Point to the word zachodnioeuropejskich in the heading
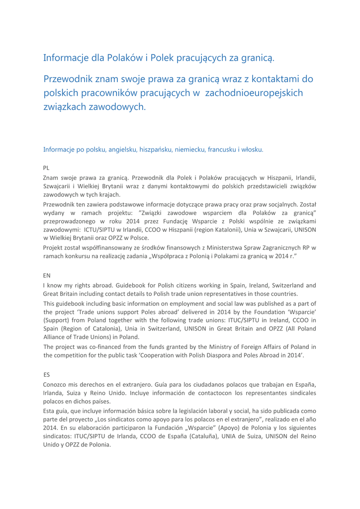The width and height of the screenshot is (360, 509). tap(254, 92)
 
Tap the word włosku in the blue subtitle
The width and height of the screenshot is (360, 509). tap(251, 149)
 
